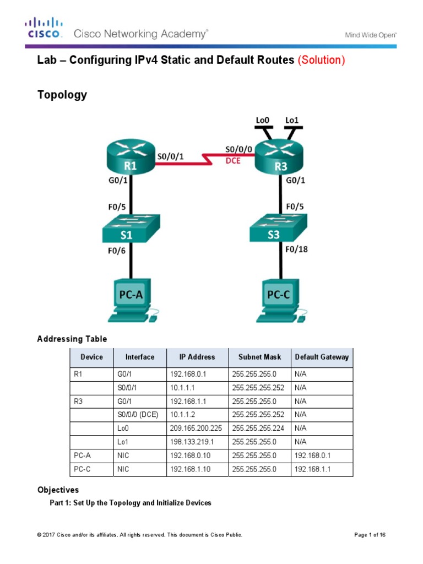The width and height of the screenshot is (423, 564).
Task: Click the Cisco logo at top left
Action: tap(44, 28)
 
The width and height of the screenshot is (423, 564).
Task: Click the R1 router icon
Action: tap(131, 156)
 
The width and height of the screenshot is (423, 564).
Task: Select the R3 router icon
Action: tap(279, 157)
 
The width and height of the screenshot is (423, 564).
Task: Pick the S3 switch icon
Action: tap(279, 229)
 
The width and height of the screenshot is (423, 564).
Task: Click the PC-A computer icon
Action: tap(131, 300)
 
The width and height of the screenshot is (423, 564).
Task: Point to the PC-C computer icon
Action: tap(279, 300)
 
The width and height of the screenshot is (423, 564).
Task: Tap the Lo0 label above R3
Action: tap(263, 120)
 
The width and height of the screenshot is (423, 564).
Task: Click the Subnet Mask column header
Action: tap(259, 357)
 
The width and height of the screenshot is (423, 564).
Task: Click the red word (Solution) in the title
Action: tap(321, 60)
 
